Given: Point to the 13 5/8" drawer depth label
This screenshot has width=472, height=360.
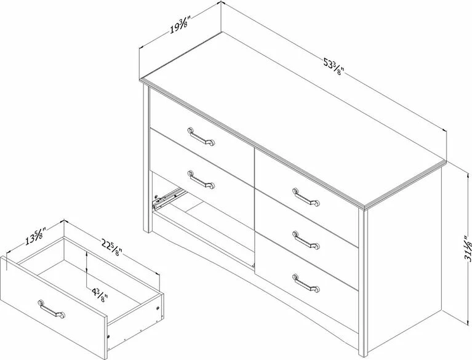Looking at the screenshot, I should click(x=34, y=236).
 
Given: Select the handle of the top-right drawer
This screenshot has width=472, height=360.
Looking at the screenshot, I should click(x=306, y=196).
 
